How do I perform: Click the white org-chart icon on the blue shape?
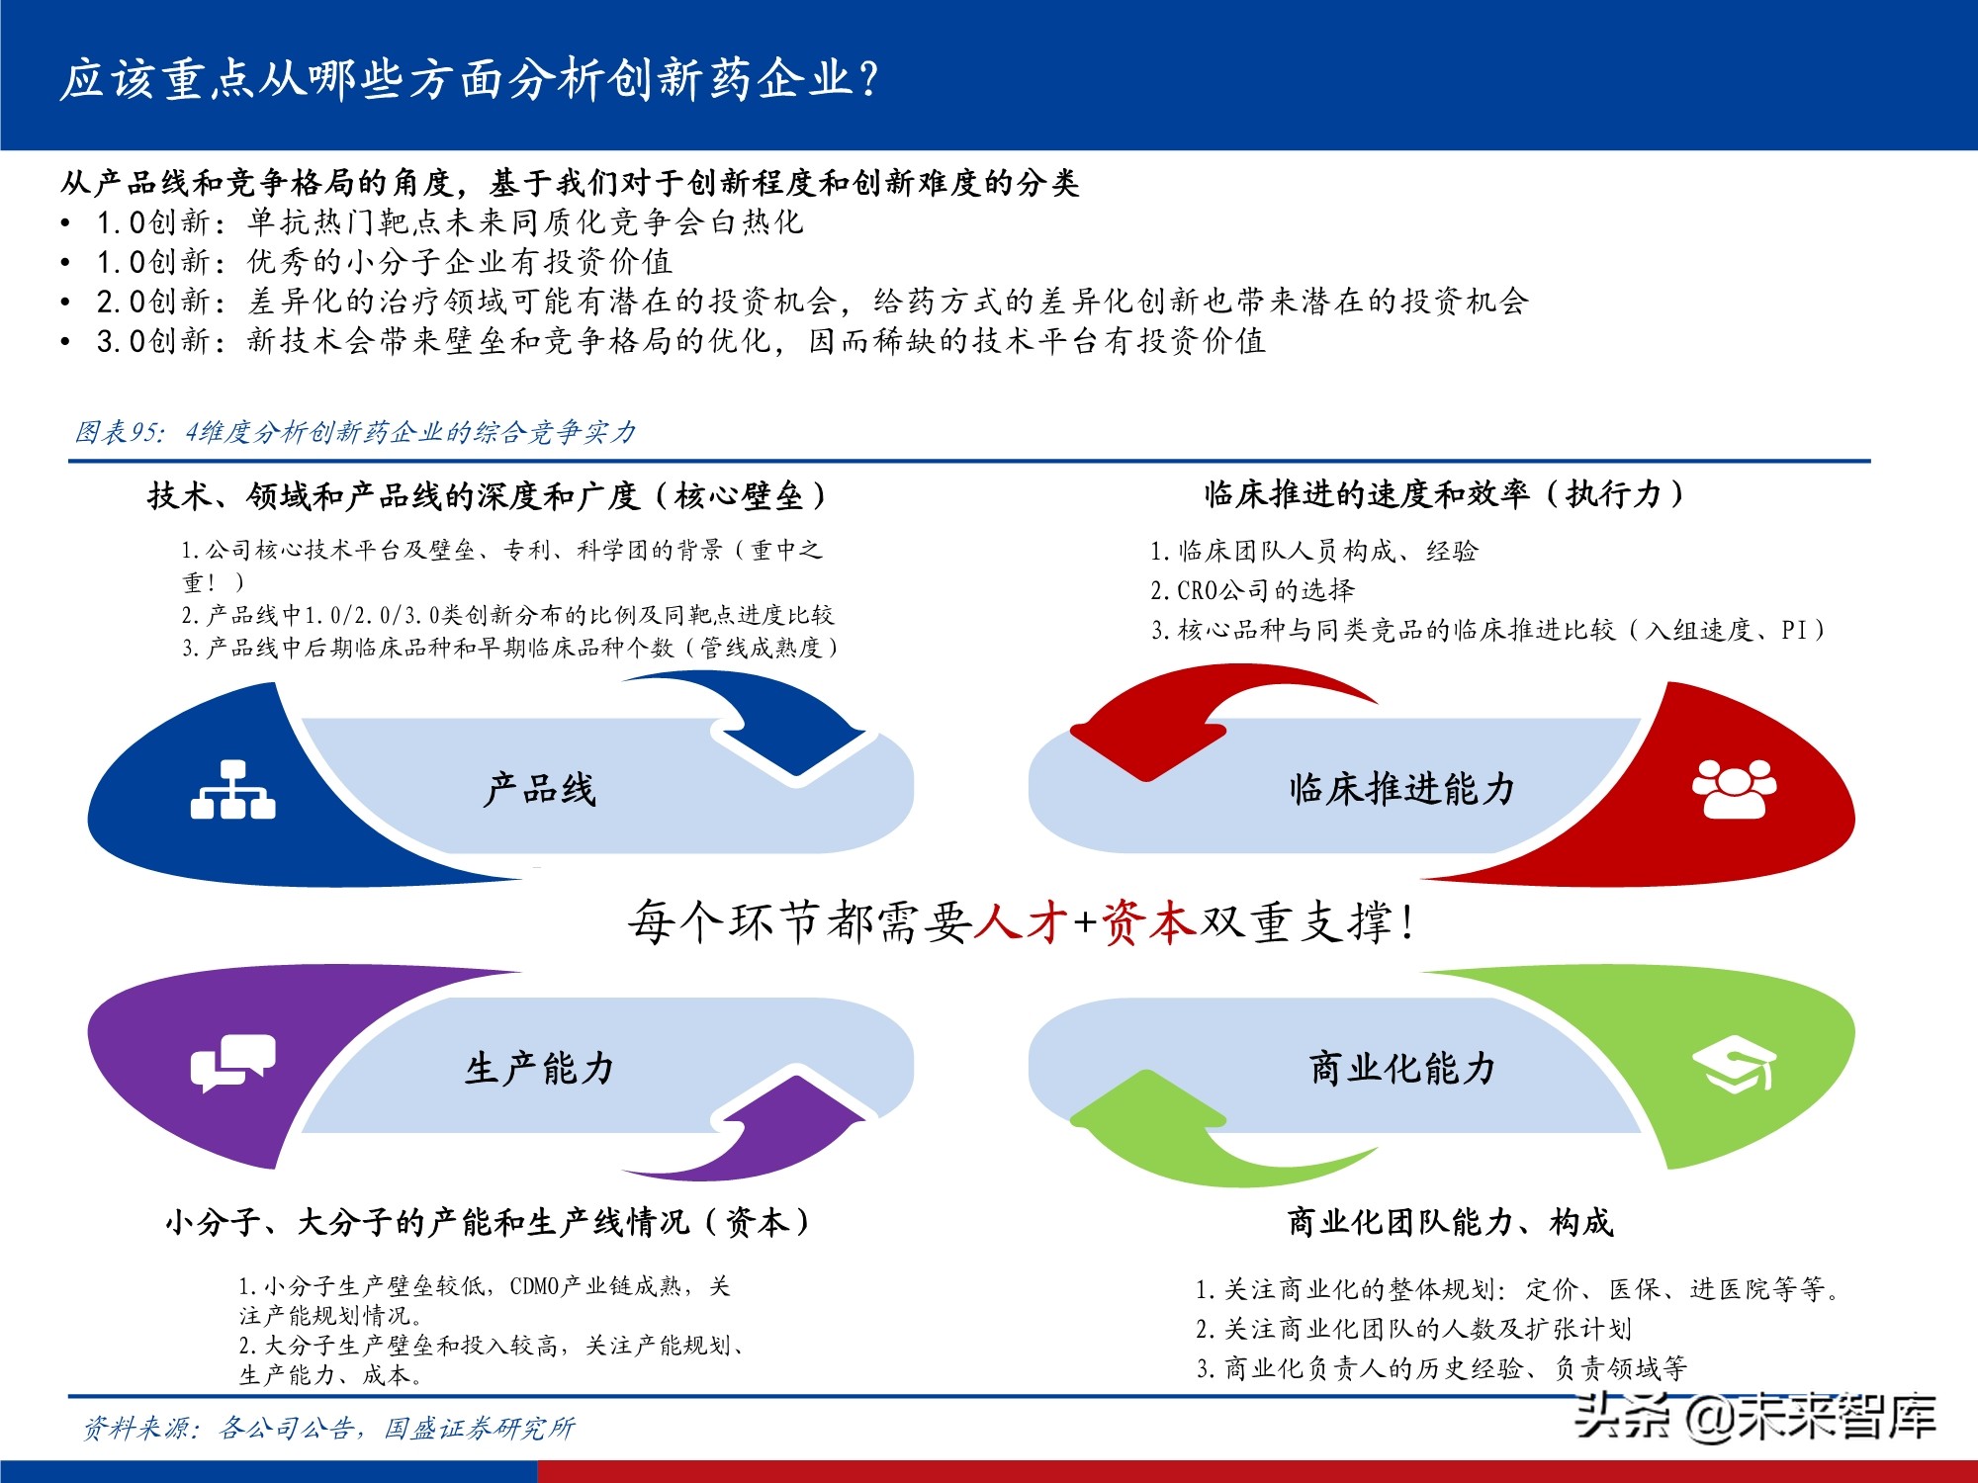(232, 790)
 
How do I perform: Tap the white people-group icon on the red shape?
(1734, 788)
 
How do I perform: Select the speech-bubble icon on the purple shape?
(232, 1063)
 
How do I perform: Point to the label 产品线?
(540, 790)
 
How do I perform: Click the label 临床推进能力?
(1401, 789)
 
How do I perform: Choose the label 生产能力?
(540, 1069)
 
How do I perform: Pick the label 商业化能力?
(1401, 1069)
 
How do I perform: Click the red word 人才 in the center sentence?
(1020, 922)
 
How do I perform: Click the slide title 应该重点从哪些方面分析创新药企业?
(469, 79)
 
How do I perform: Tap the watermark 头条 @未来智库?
(1754, 1416)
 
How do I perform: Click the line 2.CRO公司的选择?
(1252, 590)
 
